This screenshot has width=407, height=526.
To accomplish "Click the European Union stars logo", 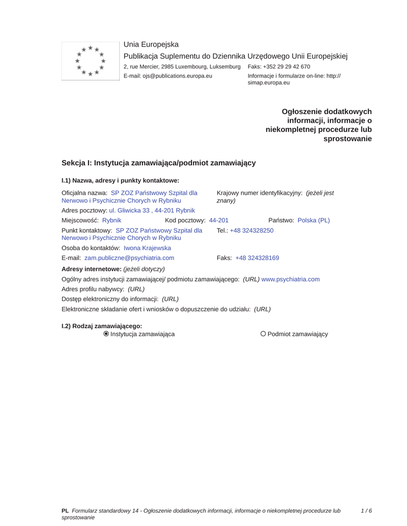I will point(90,61).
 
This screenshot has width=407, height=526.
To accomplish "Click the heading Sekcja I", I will point(158,163).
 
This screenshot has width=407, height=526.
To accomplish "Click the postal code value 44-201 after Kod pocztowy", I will point(219,220).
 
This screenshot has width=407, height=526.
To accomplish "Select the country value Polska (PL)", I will point(313,220).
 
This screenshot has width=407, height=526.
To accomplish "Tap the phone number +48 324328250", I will point(252,231).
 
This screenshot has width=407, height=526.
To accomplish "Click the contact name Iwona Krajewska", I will point(147,248).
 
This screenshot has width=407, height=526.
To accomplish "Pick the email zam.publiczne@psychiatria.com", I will point(129,258).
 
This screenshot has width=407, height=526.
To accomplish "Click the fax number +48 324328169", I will point(257,258).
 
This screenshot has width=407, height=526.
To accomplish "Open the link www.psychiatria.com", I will point(290,279).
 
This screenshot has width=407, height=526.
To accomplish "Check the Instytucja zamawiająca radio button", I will point(106,334).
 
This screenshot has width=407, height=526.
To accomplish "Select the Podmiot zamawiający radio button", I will point(263,334).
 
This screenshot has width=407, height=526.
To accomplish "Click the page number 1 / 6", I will point(366,511).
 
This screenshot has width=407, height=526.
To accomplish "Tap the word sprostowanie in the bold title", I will point(347,139).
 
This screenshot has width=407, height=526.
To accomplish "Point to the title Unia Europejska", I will point(151,45).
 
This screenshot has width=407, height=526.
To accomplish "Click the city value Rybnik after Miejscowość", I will point(112,220).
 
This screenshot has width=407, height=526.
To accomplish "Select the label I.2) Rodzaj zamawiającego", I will point(102,326).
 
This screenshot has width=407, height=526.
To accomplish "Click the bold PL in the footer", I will point(65,511).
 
